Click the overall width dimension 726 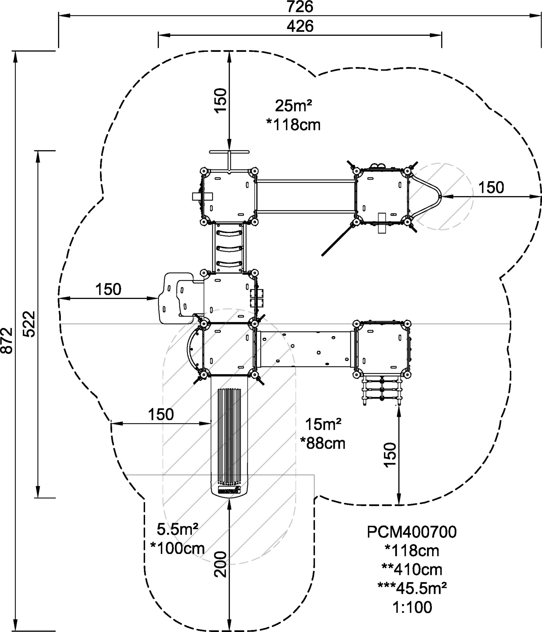click(300, 7)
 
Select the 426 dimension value click(300, 26)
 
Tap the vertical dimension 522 click(30, 324)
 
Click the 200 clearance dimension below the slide click(221, 565)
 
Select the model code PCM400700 click(412, 532)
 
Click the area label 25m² click(293, 106)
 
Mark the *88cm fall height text click(323, 443)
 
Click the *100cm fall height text click(177, 549)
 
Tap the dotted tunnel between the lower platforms click(305, 349)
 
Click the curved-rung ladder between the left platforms click(229, 248)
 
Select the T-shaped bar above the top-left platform click(229, 160)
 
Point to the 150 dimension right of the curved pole click(491, 187)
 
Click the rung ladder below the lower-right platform click(382, 390)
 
